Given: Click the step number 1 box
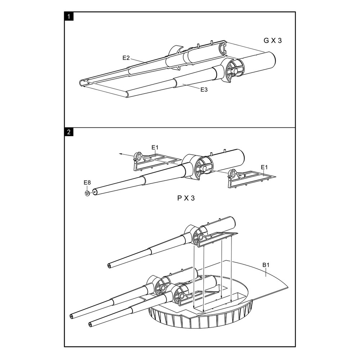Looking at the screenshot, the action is (x=69, y=17).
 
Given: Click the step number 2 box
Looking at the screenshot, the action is (x=69, y=132).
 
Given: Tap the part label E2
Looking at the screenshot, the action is (x=126, y=58).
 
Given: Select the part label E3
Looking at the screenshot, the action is (x=204, y=90).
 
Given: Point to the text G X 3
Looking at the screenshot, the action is (x=273, y=40).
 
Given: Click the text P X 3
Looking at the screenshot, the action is (x=186, y=198).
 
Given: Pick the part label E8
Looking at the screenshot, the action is (x=87, y=183).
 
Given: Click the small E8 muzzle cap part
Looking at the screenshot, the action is (x=87, y=193).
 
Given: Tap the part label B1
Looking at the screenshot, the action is (x=266, y=265).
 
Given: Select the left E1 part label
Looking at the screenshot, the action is (x=155, y=147).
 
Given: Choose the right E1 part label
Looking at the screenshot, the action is (x=264, y=167).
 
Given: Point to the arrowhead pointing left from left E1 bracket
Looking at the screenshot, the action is (x=120, y=153).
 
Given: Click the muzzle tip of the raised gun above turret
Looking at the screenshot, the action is (x=109, y=266).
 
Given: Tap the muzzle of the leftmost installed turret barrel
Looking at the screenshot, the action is (x=71, y=316).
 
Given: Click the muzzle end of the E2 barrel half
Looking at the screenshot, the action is (x=81, y=83).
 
